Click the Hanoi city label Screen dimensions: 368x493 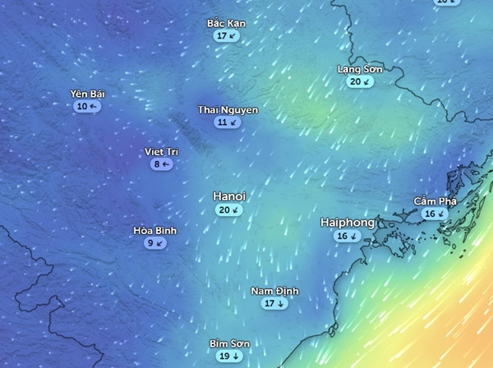[229, 197]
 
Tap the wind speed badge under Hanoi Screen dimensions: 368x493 [229, 210]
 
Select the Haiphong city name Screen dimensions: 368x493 [347, 223]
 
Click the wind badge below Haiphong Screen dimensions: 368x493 [347, 237]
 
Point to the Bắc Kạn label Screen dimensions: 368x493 [226, 24]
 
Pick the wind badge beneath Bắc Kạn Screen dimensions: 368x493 [226, 36]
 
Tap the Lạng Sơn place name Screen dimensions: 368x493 [360, 69]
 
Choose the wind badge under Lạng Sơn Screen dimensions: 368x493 [360, 81]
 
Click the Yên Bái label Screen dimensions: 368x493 [87, 94]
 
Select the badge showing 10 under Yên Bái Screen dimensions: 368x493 [87, 107]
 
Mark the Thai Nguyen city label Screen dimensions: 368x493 [228, 109]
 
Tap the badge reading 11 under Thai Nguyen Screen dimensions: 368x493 [228, 122]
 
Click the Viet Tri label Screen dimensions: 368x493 [161, 152]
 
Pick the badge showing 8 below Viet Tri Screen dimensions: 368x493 [161, 164]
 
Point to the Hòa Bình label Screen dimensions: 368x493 [154, 231]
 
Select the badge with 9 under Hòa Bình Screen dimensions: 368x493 [154, 243]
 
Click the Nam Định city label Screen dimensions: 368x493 [274, 292]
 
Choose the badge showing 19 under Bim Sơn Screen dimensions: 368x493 [229, 356]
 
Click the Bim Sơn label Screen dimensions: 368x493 [229, 344]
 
